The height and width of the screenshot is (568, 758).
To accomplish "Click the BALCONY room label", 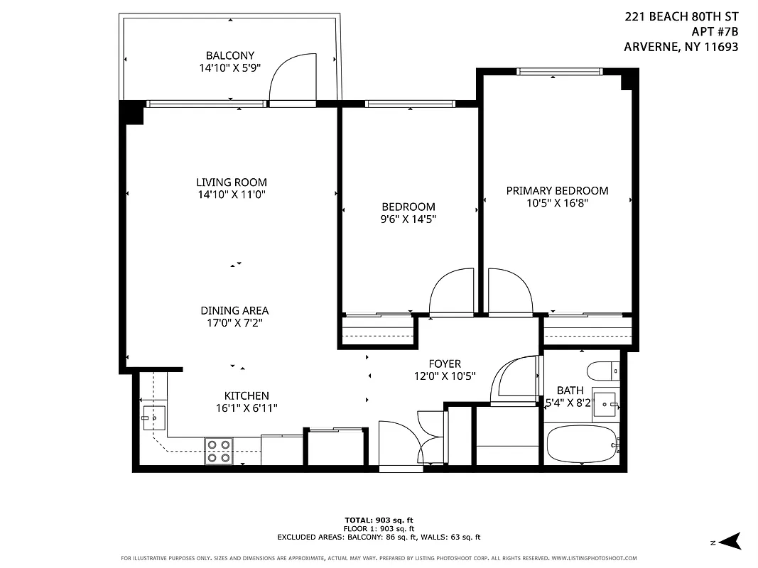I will tap(229, 55).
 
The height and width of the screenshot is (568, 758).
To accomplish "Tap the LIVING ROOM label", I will tap(232, 182).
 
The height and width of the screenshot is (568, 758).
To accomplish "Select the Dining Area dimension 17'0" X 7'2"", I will tap(234, 323).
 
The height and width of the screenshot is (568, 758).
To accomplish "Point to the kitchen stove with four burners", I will tap(219, 451).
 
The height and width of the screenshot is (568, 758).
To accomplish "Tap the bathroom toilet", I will tap(603, 371).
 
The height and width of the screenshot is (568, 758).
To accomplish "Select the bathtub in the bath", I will tap(581, 444).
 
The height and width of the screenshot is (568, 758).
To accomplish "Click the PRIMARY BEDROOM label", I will tap(557, 190).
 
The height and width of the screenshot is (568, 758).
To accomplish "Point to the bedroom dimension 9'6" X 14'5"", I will tap(408, 219).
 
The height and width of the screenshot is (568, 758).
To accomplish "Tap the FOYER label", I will tap(444, 364).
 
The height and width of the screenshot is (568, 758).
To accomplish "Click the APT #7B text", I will tap(714, 31).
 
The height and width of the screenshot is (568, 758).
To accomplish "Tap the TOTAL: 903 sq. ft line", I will tap(379, 520).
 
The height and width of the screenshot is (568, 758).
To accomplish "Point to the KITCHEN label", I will tap(247, 395).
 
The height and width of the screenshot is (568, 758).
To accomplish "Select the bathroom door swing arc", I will tap(514, 377).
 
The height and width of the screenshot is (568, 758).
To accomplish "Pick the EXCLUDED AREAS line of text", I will tap(379, 537).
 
